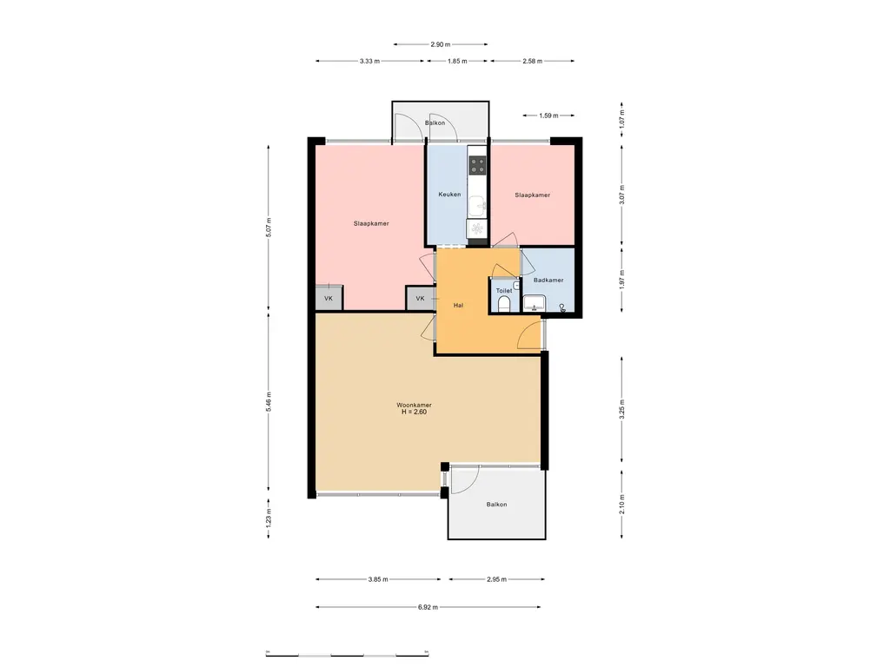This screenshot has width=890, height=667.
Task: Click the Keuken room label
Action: pos(449,195)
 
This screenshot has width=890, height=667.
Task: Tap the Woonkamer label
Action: pos(414,405)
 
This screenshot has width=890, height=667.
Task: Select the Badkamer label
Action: pos(548,281)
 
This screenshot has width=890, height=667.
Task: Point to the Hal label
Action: pos(458,305)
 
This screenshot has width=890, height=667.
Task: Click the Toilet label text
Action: pos(504,291)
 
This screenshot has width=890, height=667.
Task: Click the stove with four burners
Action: pos(477,165)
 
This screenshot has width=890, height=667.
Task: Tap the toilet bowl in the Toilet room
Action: pos(503,305)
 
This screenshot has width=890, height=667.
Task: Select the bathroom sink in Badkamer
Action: pos(535,303)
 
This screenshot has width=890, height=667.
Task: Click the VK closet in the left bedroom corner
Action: pos(329,299)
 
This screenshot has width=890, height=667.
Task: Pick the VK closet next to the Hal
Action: pos(420,299)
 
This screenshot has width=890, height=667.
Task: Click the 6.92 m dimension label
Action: pos(428,607)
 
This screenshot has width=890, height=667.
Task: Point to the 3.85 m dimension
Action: pos(378,579)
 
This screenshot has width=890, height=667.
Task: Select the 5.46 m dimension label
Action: pos(269,401)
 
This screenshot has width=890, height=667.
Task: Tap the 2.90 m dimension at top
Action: pos(441,44)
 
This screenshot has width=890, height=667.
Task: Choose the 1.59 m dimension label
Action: pos(548,116)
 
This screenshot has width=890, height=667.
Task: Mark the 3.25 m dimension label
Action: pos(622,409)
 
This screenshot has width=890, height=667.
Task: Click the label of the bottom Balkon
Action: pos(496,505)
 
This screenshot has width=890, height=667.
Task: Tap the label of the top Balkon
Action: pos(435,123)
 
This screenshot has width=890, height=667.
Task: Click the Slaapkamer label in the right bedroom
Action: pos(533,195)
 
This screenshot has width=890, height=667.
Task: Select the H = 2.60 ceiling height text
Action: pos(414,413)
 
